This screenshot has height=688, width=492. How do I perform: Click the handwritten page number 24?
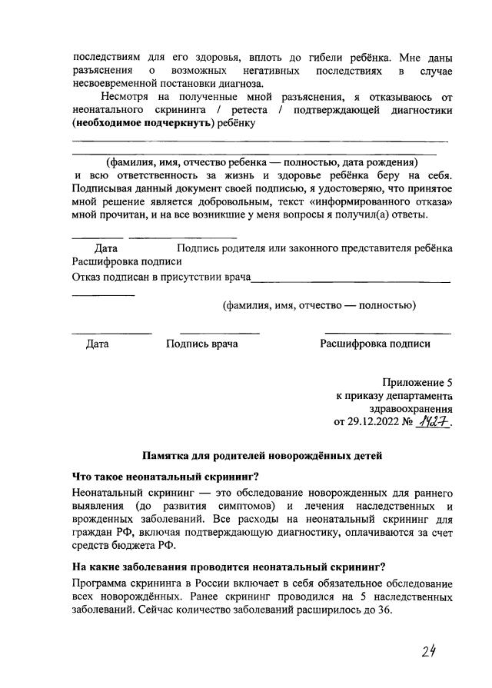[x=429, y=651]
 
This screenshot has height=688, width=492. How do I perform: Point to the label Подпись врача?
[x=201, y=344]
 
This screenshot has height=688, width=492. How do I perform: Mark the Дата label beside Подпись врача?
[x=98, y=344]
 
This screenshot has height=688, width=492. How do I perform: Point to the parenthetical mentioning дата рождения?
[x=261, y=162]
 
